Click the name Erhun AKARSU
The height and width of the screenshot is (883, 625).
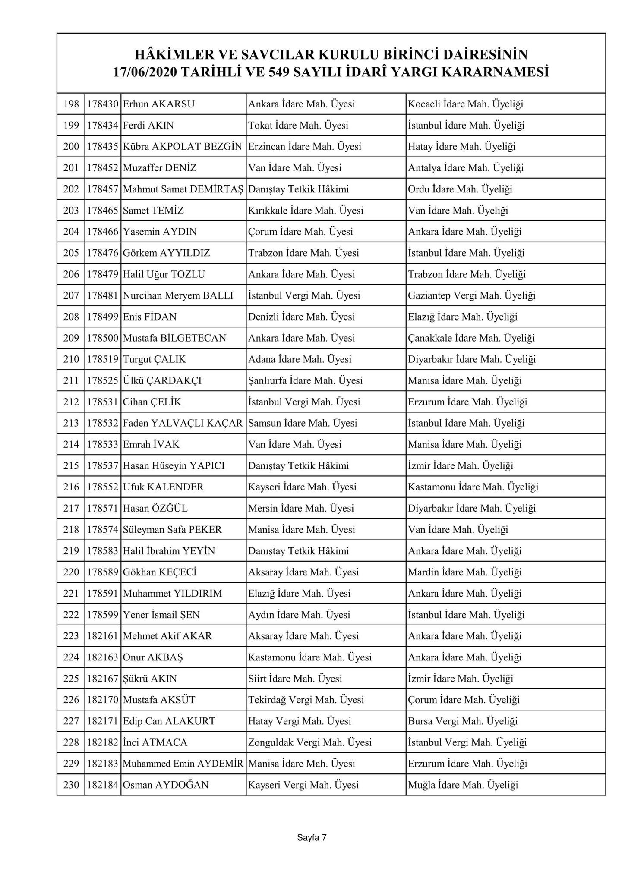point(158,104)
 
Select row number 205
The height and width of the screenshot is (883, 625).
point(71,253)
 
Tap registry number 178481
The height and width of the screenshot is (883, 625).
point(102,295)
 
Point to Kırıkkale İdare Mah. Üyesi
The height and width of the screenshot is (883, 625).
point(306,211)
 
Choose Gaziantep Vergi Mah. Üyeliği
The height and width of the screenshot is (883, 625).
point(471,295)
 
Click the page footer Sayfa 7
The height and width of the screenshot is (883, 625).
point(312,838)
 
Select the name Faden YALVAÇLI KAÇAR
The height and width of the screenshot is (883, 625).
point(183,423)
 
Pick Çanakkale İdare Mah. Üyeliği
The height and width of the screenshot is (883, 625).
point(471,338)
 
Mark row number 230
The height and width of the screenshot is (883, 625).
point(71,785)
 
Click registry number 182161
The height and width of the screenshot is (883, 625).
point(102,636)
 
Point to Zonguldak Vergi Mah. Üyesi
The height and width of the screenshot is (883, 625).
point(309,742)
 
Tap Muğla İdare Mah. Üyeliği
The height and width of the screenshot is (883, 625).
point(463,785)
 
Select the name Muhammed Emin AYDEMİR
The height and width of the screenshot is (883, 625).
point(183,764)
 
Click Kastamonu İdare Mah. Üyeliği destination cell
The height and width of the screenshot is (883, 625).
point(473,487)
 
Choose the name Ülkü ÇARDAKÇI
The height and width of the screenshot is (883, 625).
point(162,380)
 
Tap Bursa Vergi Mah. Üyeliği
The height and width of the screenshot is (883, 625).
point(463,721)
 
